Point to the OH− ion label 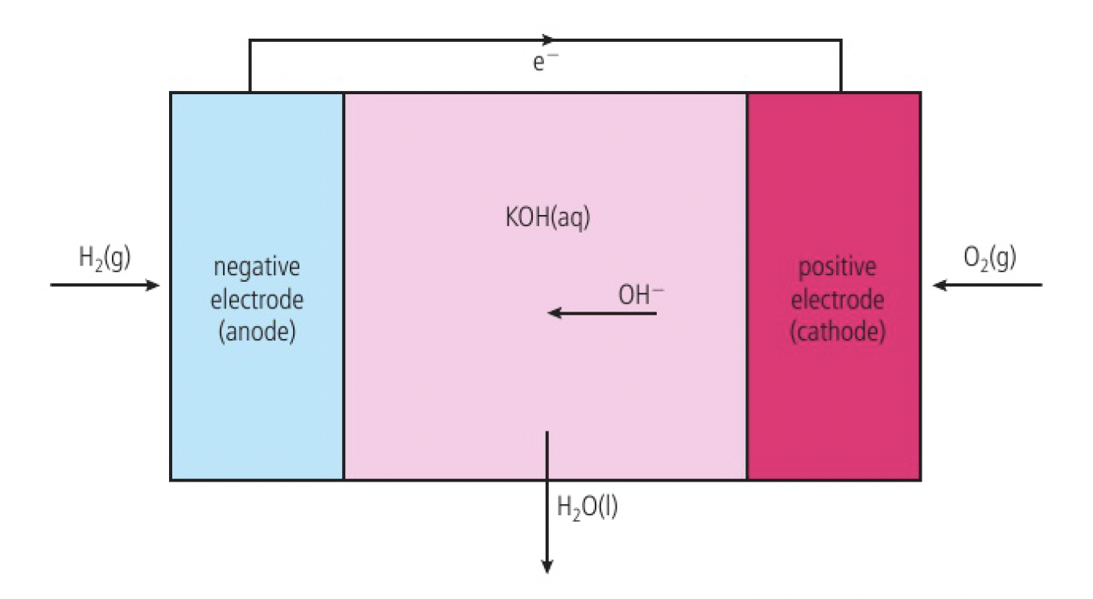[x=641, y=295]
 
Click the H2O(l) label [x=587, y=507]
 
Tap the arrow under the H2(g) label [x=105, y=285]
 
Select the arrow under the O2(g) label [x=987, y=285]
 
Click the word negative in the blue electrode [x=257, y=268]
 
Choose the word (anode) [x=257, y=333]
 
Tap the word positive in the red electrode [x=837, y=268]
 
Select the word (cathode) [x=837, y=333]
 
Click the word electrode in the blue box [x=257, y=300]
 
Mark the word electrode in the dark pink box [x=837, y=300]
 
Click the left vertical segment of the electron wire [x=250, y=66]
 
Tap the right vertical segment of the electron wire [x=841, y=66]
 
